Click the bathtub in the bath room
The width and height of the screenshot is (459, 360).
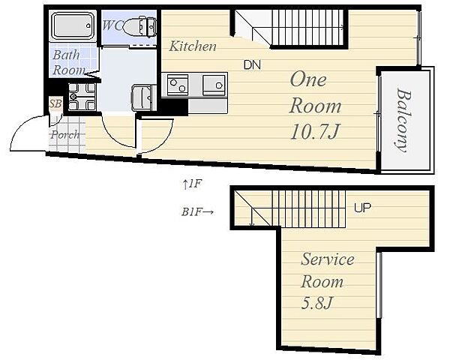click(x=73, y=25)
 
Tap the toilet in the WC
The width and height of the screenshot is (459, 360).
click(x=139, y=27)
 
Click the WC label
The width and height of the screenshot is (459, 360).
click(x=112, y=25)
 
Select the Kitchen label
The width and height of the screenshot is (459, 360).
click(x=193, y=46)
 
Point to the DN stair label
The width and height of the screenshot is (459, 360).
click(x=252, y=64)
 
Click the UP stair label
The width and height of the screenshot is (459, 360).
click(x=362, y=208)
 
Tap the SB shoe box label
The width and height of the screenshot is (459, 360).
click(x=55, y=103)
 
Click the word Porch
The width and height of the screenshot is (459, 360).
click(x=64, y=135)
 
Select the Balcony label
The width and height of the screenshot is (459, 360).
click(x=403, y=120)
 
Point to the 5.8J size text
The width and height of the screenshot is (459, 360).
click(x=316, y=303)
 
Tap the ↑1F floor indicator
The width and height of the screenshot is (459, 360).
click(x=192, y=184)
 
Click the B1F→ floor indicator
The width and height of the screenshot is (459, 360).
click(x=197, y=211)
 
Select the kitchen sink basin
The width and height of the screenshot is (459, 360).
click(x=214, y=85)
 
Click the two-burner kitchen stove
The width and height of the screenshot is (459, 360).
click(x=178, y=85)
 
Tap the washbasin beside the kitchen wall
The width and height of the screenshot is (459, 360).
click(x=143, y=97)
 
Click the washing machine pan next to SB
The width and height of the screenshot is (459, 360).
click(x=82, y=97)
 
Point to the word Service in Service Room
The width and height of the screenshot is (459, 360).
click(x=328, y=259)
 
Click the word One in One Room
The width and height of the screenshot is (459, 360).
click(x=308, y=79)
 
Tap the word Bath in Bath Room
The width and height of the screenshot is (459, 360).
click(x=66, y=55)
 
